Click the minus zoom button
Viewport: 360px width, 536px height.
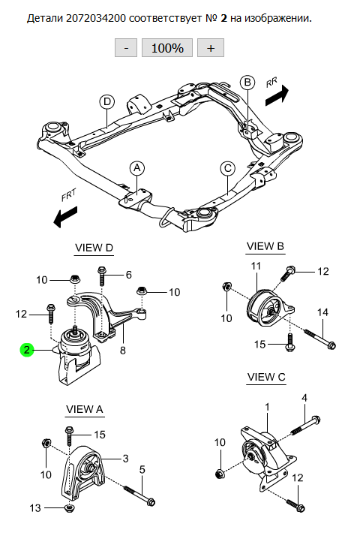click(126, 47)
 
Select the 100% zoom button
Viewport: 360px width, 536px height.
click(167, 47)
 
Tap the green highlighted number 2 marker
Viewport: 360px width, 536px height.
click(27, 350)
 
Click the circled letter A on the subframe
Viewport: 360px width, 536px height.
click(137, 168)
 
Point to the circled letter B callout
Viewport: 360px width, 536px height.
click(247, 83)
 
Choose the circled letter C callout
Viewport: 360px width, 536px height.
click(228, 168)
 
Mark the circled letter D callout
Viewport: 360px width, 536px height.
click(107, 101)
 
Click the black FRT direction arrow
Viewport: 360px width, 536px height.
click(65, 216)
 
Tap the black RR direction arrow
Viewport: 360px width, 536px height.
click(277, 95)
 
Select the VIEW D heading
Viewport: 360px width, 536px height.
click(94, 248)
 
